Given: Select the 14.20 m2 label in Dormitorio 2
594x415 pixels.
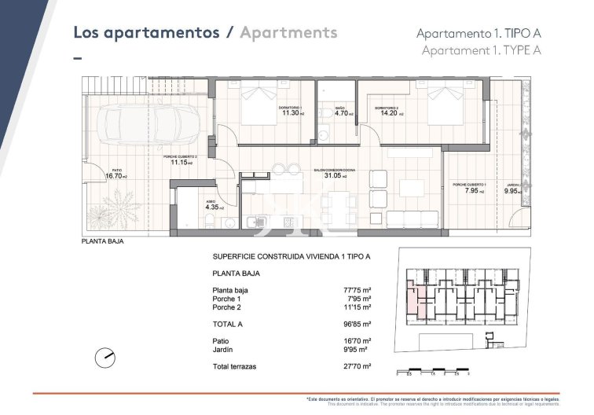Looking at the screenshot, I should pos(390,112).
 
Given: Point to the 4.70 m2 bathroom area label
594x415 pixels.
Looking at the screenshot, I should pos(343,112).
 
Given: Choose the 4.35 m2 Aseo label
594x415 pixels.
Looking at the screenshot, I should pos(214,207).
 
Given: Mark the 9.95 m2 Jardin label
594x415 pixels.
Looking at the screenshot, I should pos(512,190).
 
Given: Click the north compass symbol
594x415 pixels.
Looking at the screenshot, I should pos(104,357).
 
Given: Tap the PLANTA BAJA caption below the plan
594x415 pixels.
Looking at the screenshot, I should pos(102,242).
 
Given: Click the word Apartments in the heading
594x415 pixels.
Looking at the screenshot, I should pos(288,32).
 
